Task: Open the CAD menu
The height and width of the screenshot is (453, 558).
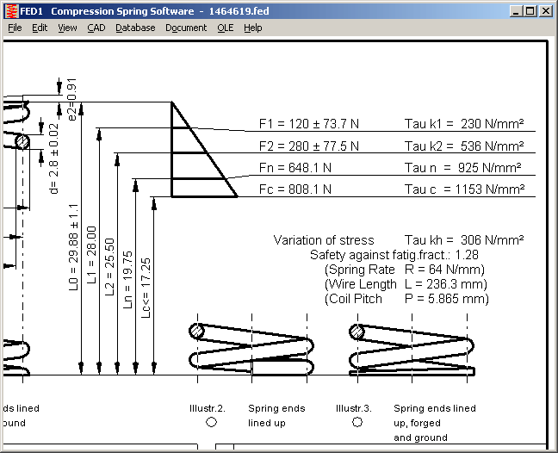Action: pyautogui.click(x=96, y=28)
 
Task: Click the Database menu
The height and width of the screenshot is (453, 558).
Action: pyautogui.click(x=135, y=28)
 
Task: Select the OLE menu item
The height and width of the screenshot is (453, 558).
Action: pyautogui.click(x=225, y=28)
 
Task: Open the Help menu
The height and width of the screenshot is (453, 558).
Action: pyautogui.click(x=252, y=28)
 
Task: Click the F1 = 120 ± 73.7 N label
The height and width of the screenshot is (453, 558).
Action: pyautogui.click(x=308, y=124)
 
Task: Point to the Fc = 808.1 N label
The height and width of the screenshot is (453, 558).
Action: pyautogui.click(x=294, y=189)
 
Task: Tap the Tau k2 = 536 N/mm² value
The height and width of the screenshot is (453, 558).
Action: pyautogui.click(x=464, y=146)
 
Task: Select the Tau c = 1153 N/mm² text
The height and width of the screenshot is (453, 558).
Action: pyautogui.click(x=464, y=189)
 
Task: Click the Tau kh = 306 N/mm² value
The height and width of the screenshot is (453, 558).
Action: pyautogui.click(x=464, y=240)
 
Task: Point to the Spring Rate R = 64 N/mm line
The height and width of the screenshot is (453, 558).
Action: pyautogui.click(x=404, y=270)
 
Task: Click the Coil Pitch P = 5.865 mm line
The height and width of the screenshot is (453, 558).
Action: pyautogui.click(x=406, y=299)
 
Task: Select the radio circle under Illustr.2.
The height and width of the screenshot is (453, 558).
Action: pyautogui.click(x=211, y=423)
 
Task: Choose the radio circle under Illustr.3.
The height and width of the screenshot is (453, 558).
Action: pyautogui.click(x=357, y=423)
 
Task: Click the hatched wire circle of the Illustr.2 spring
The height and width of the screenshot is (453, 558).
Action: pyautogui.click(x=198, y=331)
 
